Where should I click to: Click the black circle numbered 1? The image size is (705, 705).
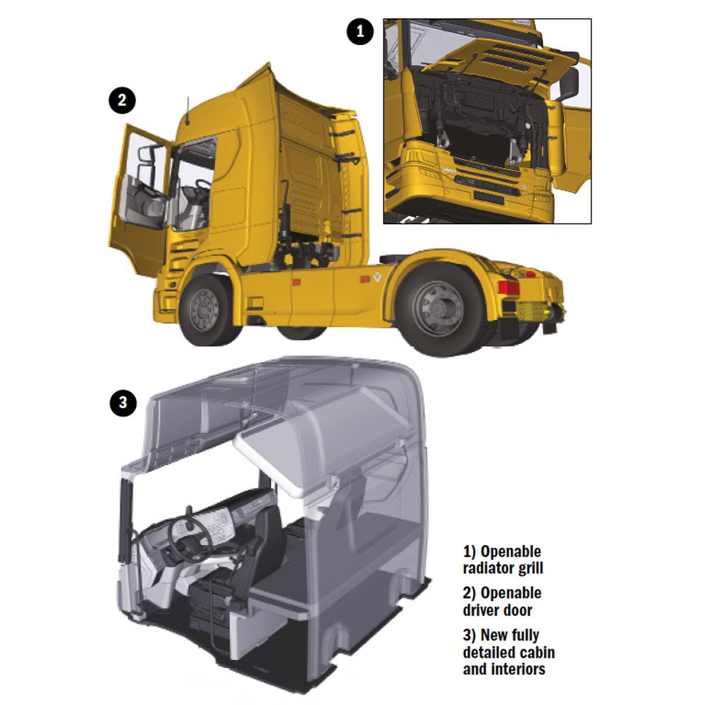point(360,32)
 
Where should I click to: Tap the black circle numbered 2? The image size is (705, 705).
point(122,100)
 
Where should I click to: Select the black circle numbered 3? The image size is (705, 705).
point(123,402)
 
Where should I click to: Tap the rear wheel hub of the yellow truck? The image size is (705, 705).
point(436,308)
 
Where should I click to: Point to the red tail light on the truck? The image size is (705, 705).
point(508,288)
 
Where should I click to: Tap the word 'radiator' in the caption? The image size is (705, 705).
point(489,568)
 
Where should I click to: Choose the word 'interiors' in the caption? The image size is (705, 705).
point(518,669)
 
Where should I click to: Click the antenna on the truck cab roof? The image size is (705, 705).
point(187,111)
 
